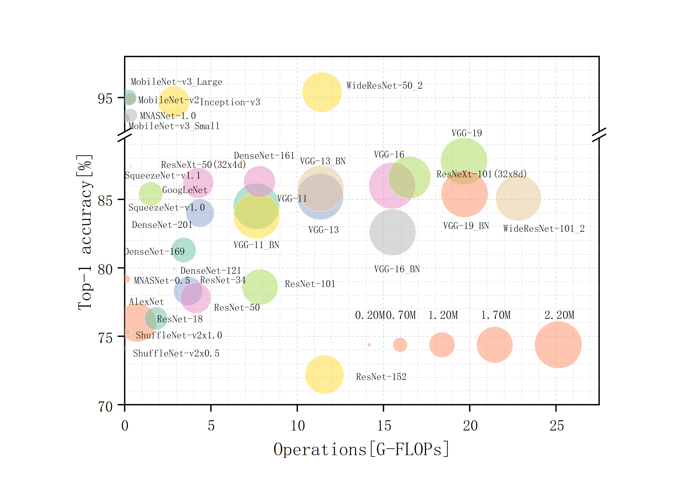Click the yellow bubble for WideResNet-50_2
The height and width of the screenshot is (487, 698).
tap(322, 92)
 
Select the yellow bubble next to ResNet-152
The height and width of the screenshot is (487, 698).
tap(324, 374)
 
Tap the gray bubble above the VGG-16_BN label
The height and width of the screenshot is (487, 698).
tap(392, 232)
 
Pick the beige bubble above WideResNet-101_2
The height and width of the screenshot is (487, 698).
tap(518, 198)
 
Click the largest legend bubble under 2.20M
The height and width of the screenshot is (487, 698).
tap(558, 345)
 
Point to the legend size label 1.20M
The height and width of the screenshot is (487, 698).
tap(443, 315)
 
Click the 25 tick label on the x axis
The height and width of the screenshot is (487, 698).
tap(556, 426)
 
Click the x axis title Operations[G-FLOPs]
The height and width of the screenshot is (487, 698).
tap(361, 449)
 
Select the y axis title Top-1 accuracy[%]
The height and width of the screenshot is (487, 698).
tap(85, 232)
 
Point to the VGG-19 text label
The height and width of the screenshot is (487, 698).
tap(467, 133)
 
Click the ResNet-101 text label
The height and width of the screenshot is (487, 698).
tap(310, 284)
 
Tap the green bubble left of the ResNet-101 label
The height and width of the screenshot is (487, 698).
tap(260, 287)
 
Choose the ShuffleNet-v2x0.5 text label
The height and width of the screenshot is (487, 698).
tap(176, 353)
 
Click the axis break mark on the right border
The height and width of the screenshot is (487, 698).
tap(599, 134)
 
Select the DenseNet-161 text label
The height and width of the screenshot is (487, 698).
tap(264, 156)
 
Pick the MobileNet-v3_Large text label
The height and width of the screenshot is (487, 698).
tap(176, 82)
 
